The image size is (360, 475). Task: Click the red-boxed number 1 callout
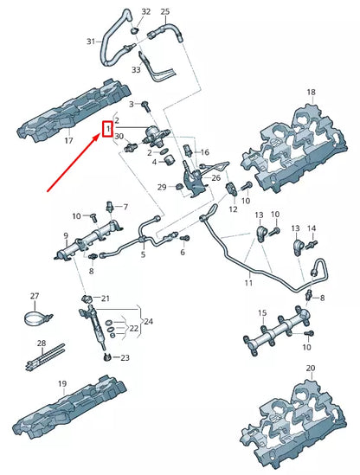(x=107, y=129)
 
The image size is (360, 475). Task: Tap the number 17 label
(x=68, y=140)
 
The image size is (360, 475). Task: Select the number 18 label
(x=311, y=92)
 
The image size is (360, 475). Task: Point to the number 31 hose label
(x=91, y=42)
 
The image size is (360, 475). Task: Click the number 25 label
(x=165, y=12)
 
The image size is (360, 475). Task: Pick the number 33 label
(x=136, y=70)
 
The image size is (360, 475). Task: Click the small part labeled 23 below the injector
(x=106, y=356)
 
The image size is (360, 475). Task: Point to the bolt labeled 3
(x=146, y=106)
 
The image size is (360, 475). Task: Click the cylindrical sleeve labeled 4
(x=169, y=160)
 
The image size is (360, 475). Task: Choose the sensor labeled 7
(x=109, y=207)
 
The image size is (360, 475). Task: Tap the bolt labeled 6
(x=185, y=238)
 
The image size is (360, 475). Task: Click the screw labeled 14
(x=312, y=244)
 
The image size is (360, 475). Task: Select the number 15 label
(x=262, y=313)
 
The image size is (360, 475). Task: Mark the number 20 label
(x=311, y=368)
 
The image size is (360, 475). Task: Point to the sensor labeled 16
(x=188, y=151)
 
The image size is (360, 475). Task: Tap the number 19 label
(x=62, y=384)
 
